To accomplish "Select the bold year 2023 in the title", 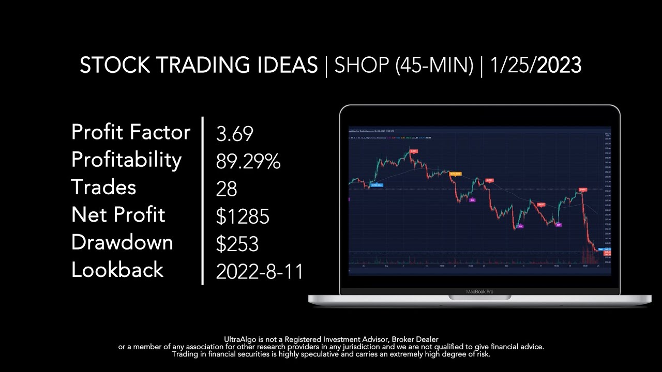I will click(x=559, y=66).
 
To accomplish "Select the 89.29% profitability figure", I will click(x=248, y=162).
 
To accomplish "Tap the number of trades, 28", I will click(x=227, y=189).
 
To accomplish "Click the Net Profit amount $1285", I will click(x=243, y=216).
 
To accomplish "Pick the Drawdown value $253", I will click(x=237, y=244).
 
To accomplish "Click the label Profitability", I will click(x=126, y=160).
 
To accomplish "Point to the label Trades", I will click(x=103, y=187).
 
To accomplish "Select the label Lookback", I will click(x=117, y=270).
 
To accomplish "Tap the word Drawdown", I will click(x=122, y=242).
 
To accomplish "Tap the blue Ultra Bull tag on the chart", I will click(x=377, y=184).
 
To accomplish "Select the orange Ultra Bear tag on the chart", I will click(x=455, y=174).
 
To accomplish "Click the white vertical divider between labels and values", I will click(x=202, y=200).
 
